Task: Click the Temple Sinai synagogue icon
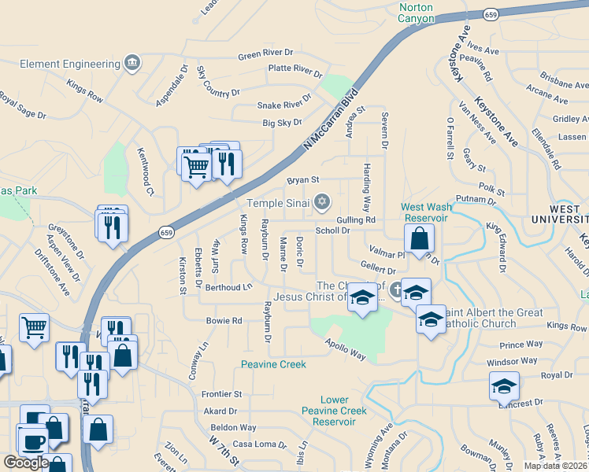321,203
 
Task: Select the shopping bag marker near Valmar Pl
420,239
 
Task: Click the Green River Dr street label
265,54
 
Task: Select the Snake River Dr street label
284,105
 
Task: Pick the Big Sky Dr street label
282,123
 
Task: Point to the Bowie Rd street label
224,321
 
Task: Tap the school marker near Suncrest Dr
504,387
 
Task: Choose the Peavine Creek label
272,363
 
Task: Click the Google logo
26,463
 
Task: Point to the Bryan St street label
302,180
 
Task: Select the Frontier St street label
220,393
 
